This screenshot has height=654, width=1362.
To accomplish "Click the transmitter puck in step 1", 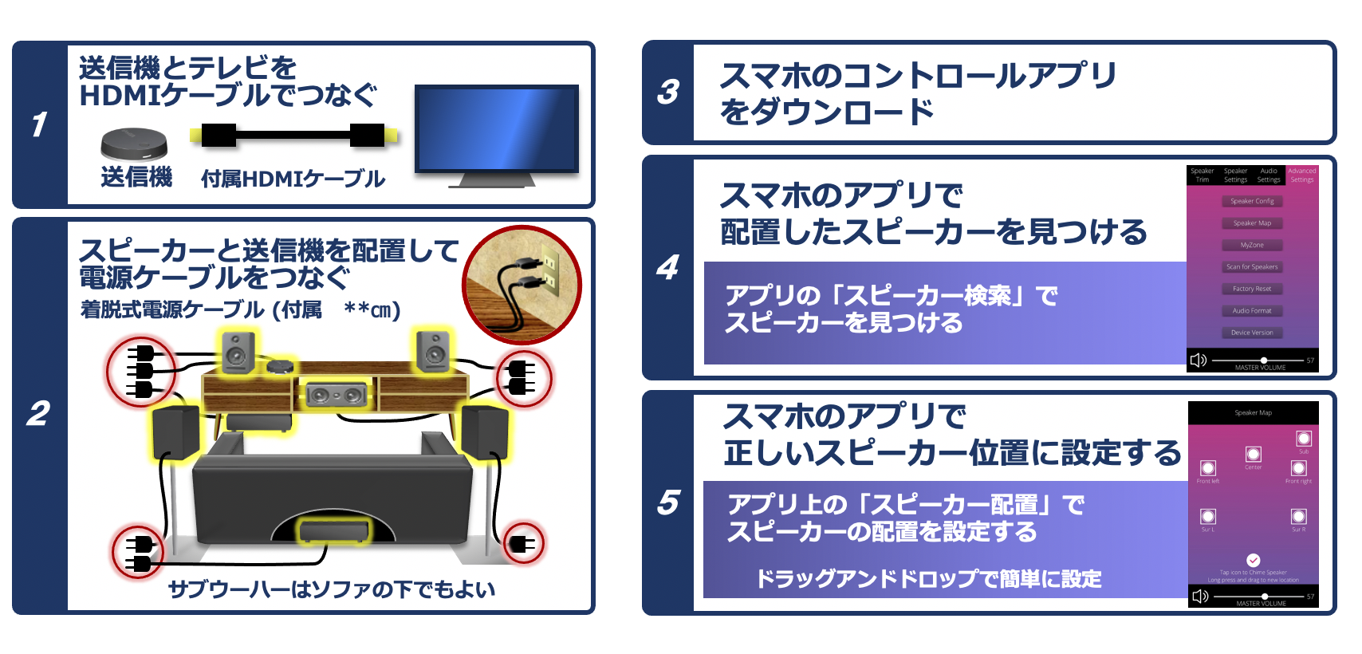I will point(134,144).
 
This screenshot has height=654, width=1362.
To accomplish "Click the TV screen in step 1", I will point(496,128).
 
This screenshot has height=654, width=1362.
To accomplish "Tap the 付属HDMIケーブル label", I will point(293,179).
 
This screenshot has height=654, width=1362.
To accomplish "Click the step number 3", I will point(668,93).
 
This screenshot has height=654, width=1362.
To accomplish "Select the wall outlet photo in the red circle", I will point(522,285).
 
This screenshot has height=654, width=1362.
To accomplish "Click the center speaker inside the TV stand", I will point(336,394).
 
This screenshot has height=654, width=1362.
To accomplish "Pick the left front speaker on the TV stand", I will point(238,351).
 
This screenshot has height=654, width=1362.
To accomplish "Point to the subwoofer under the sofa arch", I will point(334,530).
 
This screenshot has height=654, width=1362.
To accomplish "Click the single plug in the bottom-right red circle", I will point(522,544).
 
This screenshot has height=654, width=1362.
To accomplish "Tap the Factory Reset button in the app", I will point(1252,289).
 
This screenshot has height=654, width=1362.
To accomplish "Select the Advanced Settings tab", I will point(1301,175).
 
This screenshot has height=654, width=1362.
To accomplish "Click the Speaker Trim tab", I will point(1202,175).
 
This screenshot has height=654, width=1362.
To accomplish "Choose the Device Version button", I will point(1252,333).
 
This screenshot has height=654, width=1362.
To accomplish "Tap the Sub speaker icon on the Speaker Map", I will point(1303,439).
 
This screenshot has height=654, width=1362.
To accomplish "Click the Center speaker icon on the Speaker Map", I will point(1253,455).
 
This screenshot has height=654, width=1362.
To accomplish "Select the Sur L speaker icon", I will point(1208,517).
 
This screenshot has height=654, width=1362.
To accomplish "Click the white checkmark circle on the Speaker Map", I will point(1253,560).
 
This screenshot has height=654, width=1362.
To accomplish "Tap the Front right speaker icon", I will point(1298,469).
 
